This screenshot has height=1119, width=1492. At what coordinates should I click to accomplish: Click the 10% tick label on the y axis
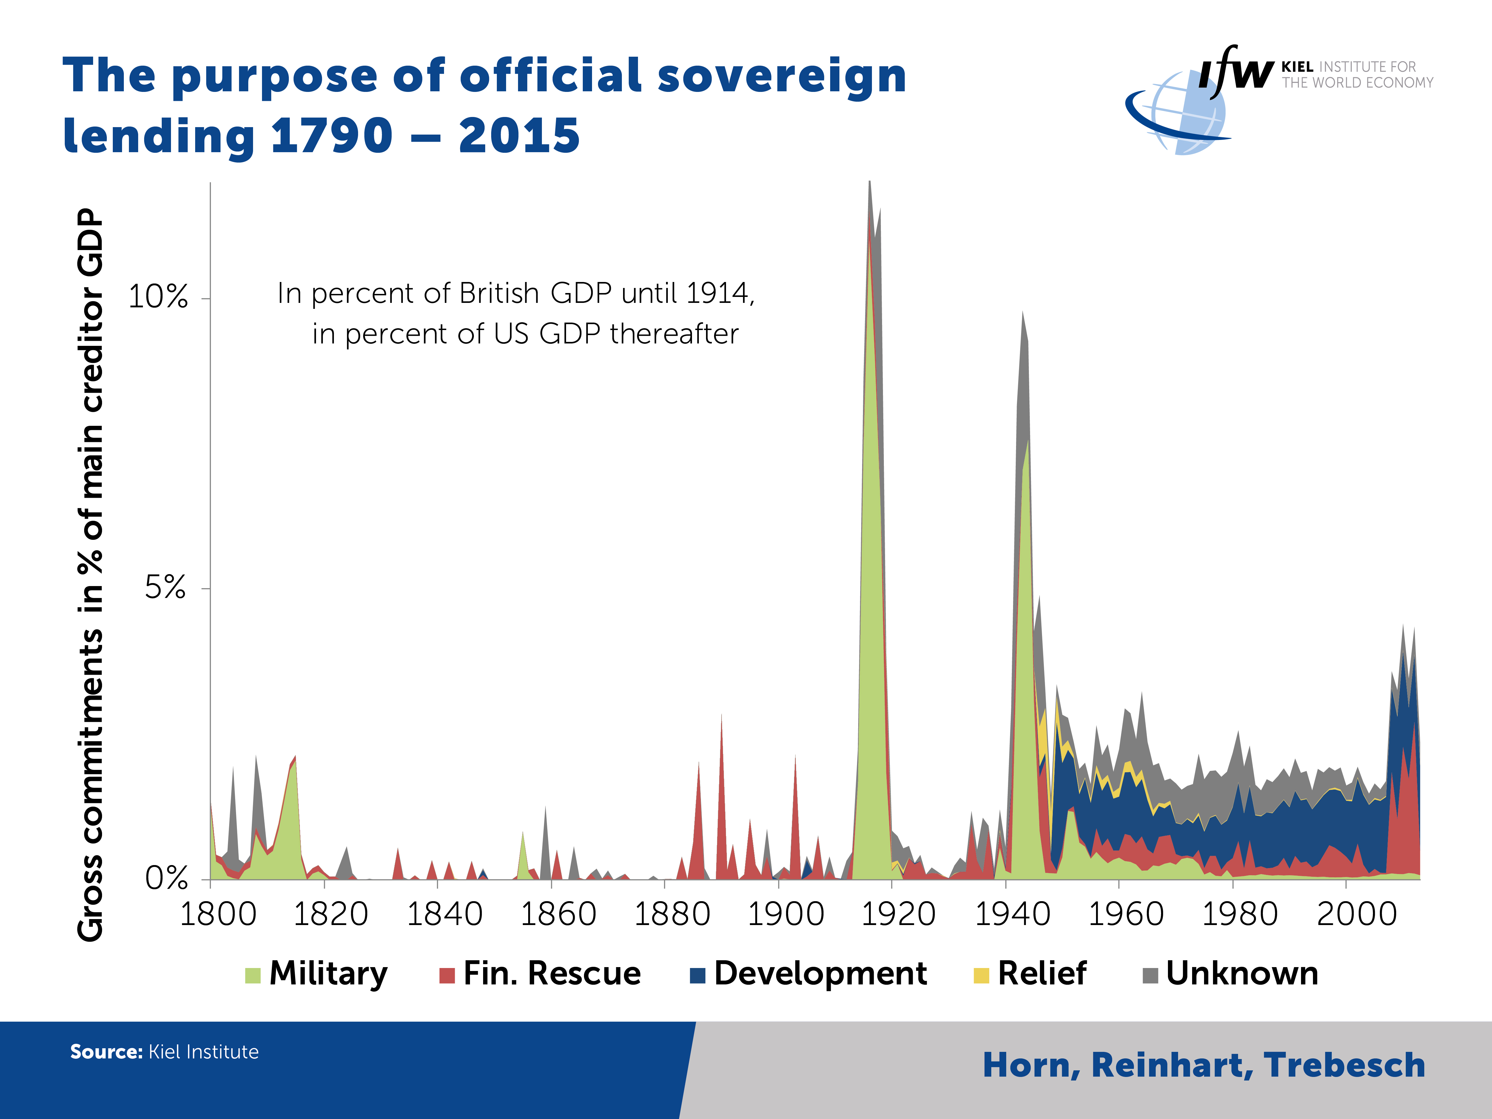(x=158, y=297)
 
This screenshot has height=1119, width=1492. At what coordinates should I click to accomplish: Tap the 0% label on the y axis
(x=166, y=878)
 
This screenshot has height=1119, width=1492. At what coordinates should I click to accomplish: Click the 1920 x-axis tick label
(x=898, y=915)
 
